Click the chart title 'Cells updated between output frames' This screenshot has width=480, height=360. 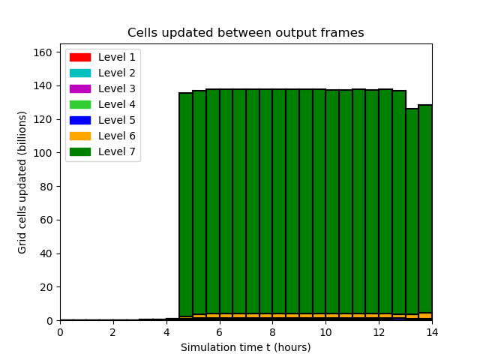coord(246,32)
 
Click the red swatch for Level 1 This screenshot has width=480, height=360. coord(80,57)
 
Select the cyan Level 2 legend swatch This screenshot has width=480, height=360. coord(80,73)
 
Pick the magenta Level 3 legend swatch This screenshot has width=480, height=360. coord(80,88)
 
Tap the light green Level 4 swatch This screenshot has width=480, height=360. coord(80,104)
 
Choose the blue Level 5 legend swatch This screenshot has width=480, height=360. coord(80,120)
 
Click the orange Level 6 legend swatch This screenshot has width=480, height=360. coord(80,136)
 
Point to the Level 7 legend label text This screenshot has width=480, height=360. coord(117,151)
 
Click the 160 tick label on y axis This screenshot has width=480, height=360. coord(43,52)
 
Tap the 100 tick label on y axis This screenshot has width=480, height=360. coord(43,153)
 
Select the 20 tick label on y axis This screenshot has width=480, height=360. coord(46,287)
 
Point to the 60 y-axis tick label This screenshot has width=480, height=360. coord(46,220)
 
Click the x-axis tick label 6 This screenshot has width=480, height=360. coord(220,332)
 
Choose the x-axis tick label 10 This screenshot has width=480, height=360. coord(325,332)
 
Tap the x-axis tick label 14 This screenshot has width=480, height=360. coord(432,332)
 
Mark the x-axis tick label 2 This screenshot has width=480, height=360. coord(113,332)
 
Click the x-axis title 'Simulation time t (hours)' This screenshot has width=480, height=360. coord(246,347)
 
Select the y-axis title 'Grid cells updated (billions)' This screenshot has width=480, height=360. coord(22,182)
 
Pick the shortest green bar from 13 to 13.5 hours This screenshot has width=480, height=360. coord(412,211)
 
